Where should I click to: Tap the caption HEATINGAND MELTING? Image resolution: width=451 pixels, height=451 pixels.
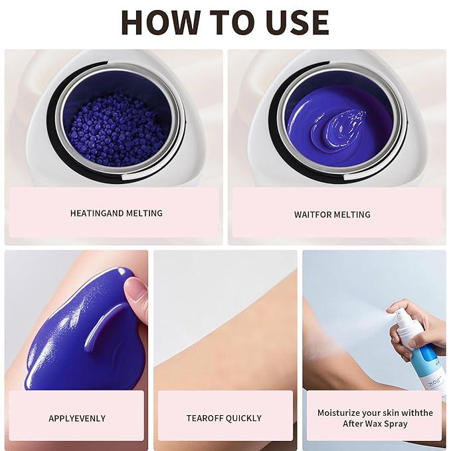(116, 213)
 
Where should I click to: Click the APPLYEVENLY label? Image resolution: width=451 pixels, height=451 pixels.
(76, 418)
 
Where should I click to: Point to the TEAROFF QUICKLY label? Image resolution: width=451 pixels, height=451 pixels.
(224, 418)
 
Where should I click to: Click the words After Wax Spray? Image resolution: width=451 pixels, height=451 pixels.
(375, 423)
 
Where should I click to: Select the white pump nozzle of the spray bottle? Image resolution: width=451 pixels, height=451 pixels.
(401, 319)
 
